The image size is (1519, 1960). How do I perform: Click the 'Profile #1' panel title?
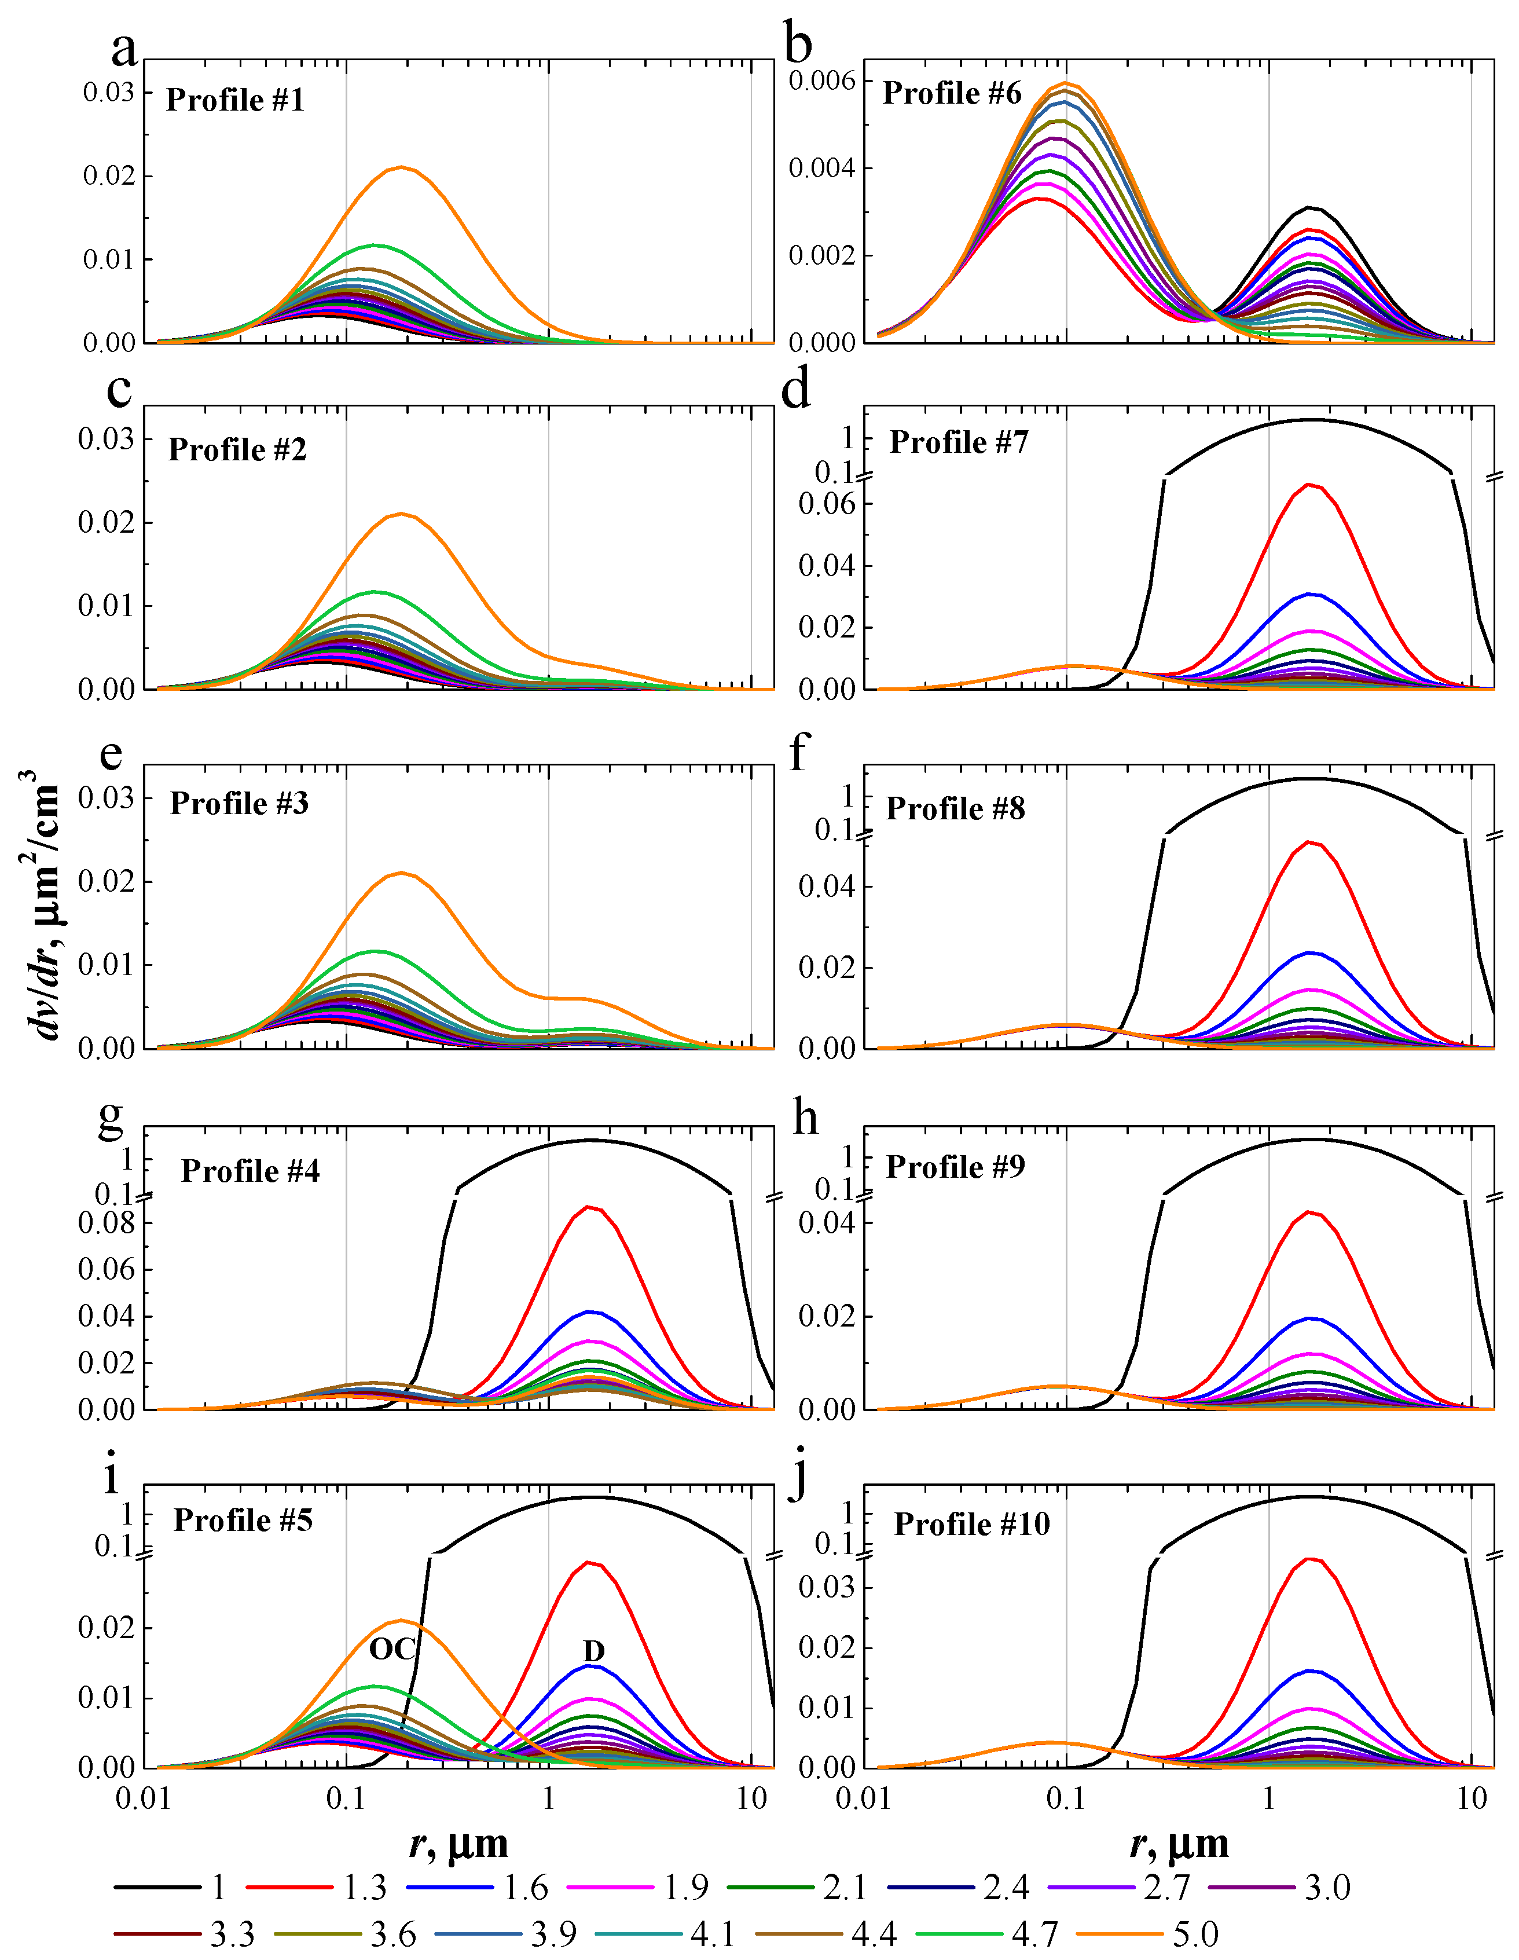[x=235, y=100]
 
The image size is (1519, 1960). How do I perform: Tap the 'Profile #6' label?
[x=951, y=93]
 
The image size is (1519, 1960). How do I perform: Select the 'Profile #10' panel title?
[x=972, y=1524]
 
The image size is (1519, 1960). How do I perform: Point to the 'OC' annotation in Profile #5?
[x=392, y=1648]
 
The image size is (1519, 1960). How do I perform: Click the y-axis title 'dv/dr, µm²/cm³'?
[x=41, y=906]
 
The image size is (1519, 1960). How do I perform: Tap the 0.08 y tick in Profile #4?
[x=106, y=1223]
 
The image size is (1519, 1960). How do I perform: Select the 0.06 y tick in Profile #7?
[x=826, y=503]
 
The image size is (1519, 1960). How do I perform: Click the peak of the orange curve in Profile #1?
[x=401, y=167]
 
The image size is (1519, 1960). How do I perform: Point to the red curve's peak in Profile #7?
[x=1311, y=485]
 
